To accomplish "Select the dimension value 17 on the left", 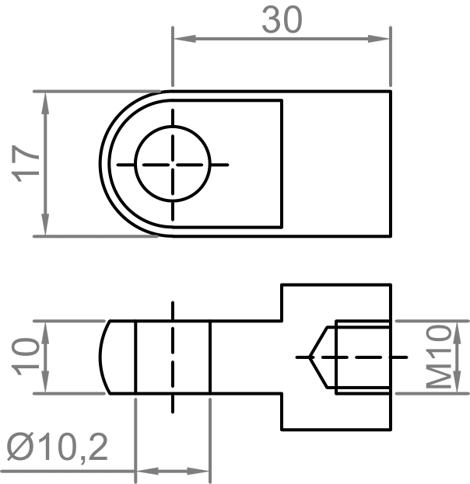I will [27, 163].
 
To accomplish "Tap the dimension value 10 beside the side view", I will [27, 357].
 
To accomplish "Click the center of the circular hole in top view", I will [173, 164].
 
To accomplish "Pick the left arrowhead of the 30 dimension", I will [179, 37].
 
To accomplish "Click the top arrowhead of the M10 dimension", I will [458, 326].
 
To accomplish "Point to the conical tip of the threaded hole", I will [310, 357].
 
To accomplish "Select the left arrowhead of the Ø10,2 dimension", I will [143, 471].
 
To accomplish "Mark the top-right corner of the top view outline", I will [390, 91].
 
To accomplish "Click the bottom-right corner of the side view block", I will [390, 429].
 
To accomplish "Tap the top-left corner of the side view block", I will [281, 285].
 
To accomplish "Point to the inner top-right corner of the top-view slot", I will [281, 100].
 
